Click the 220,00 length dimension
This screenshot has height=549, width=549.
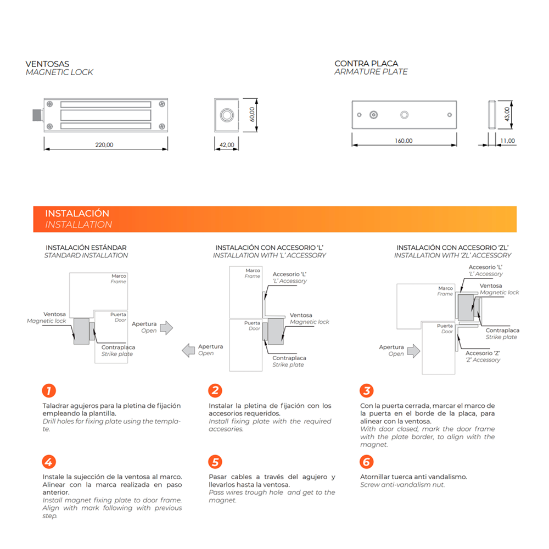(104, 144)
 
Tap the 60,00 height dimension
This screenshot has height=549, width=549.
(252, 115)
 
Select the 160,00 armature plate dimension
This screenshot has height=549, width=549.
(404, 141)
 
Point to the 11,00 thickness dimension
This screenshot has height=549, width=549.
(508, 141)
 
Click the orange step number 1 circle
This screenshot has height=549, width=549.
(49, 390)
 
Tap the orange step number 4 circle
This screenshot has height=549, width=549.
(49, 462)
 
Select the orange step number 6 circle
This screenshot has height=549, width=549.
(367, 462)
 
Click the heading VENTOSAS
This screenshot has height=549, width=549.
(47, 64)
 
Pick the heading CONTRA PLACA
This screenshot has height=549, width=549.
(366, 63)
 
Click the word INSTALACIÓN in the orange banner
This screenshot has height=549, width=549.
(77, 213)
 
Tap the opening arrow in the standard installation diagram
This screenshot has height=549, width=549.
(167, 328)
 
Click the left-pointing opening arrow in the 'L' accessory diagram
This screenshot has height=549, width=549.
(188, 350)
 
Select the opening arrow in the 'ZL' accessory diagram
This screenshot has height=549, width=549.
(414, 351)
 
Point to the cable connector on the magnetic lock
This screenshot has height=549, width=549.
(37, 115)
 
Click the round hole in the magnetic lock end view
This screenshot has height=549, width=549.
(227, 115)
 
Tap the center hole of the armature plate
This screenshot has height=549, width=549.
(405, 115)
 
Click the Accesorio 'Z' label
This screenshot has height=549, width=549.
(483, 353)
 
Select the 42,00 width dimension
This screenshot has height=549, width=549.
(227, 144)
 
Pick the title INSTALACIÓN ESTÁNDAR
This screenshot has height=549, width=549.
(86, 248)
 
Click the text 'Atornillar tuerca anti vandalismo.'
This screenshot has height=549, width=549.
(413, 477)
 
